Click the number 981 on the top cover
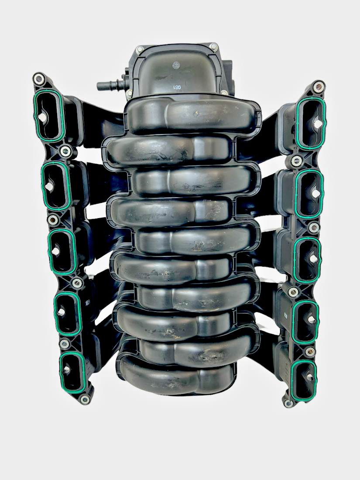(178, 87)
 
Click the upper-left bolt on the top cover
(140, 50)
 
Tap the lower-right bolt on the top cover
(224, 92)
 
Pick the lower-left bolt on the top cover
(130, 93)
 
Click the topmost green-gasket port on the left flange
(49, 116)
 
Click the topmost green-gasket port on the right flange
(310, 122)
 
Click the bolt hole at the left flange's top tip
(39, 79)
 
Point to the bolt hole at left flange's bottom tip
(85, 399)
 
